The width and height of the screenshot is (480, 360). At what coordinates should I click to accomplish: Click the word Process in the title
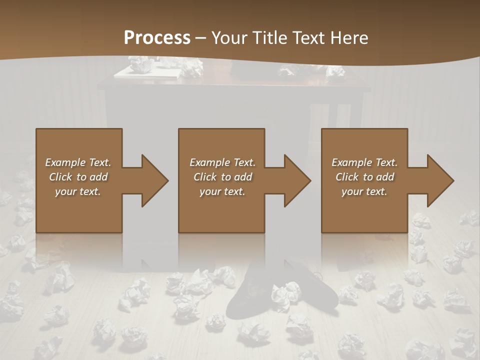point(157,38)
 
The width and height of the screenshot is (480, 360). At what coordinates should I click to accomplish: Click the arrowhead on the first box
point(152,180)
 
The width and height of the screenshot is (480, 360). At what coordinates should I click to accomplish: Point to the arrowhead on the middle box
point(295,180)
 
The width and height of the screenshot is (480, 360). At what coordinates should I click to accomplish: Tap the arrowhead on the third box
point(438,180)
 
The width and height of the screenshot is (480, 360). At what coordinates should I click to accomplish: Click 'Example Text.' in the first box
point(78,162)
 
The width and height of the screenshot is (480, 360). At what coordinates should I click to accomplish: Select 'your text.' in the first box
point(78,191)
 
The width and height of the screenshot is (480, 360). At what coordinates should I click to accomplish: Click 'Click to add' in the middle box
point(222,177)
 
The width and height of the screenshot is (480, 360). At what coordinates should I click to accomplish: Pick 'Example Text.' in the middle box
point(222,162)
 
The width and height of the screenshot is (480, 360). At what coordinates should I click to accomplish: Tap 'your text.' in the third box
point(364,191)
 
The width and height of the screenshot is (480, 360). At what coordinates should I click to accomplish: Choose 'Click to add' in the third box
point(364,177)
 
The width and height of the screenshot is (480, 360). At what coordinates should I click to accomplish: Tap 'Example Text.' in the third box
point(364,162)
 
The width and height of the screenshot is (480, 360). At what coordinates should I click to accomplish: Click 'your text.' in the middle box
point(222,191)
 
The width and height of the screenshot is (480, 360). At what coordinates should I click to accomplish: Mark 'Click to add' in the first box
point(78,177)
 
